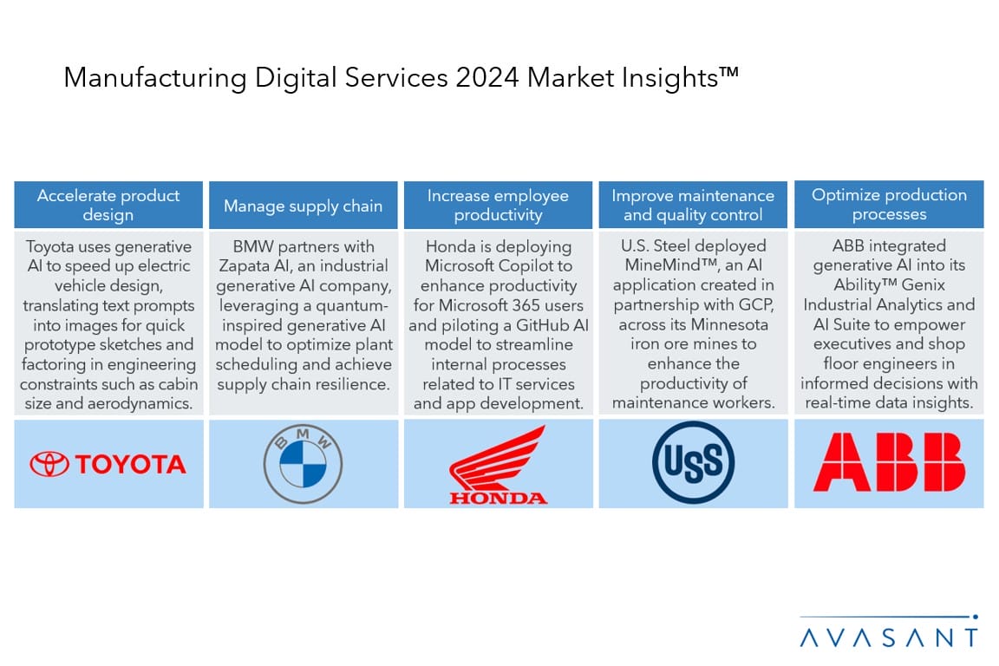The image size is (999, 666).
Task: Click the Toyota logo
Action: [x=108, y=464]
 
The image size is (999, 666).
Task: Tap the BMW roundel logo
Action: [x=304, y=463]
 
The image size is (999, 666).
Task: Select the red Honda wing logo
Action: [x=499, y=465]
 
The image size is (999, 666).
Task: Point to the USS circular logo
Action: [x=693, y=463]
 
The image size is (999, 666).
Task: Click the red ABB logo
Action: [x=890, y=462]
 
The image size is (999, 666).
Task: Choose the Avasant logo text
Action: [x=889, y=637]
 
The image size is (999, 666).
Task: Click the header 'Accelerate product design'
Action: [x=108, y=205]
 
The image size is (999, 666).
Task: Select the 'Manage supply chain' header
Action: [x=304, y=206]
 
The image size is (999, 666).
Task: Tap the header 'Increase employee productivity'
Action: [x=499, y=205]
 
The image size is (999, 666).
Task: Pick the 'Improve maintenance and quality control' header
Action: [x=693, y=205]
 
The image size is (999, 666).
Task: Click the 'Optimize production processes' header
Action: [x=890, y=204]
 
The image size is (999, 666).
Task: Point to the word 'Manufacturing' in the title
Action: [x=155, y=78]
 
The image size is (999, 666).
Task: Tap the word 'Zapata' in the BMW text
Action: [x=245, y=265]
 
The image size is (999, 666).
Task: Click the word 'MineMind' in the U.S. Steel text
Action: [x=664, y=265]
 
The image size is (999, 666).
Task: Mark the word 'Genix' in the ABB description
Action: [x=924, y=284]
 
